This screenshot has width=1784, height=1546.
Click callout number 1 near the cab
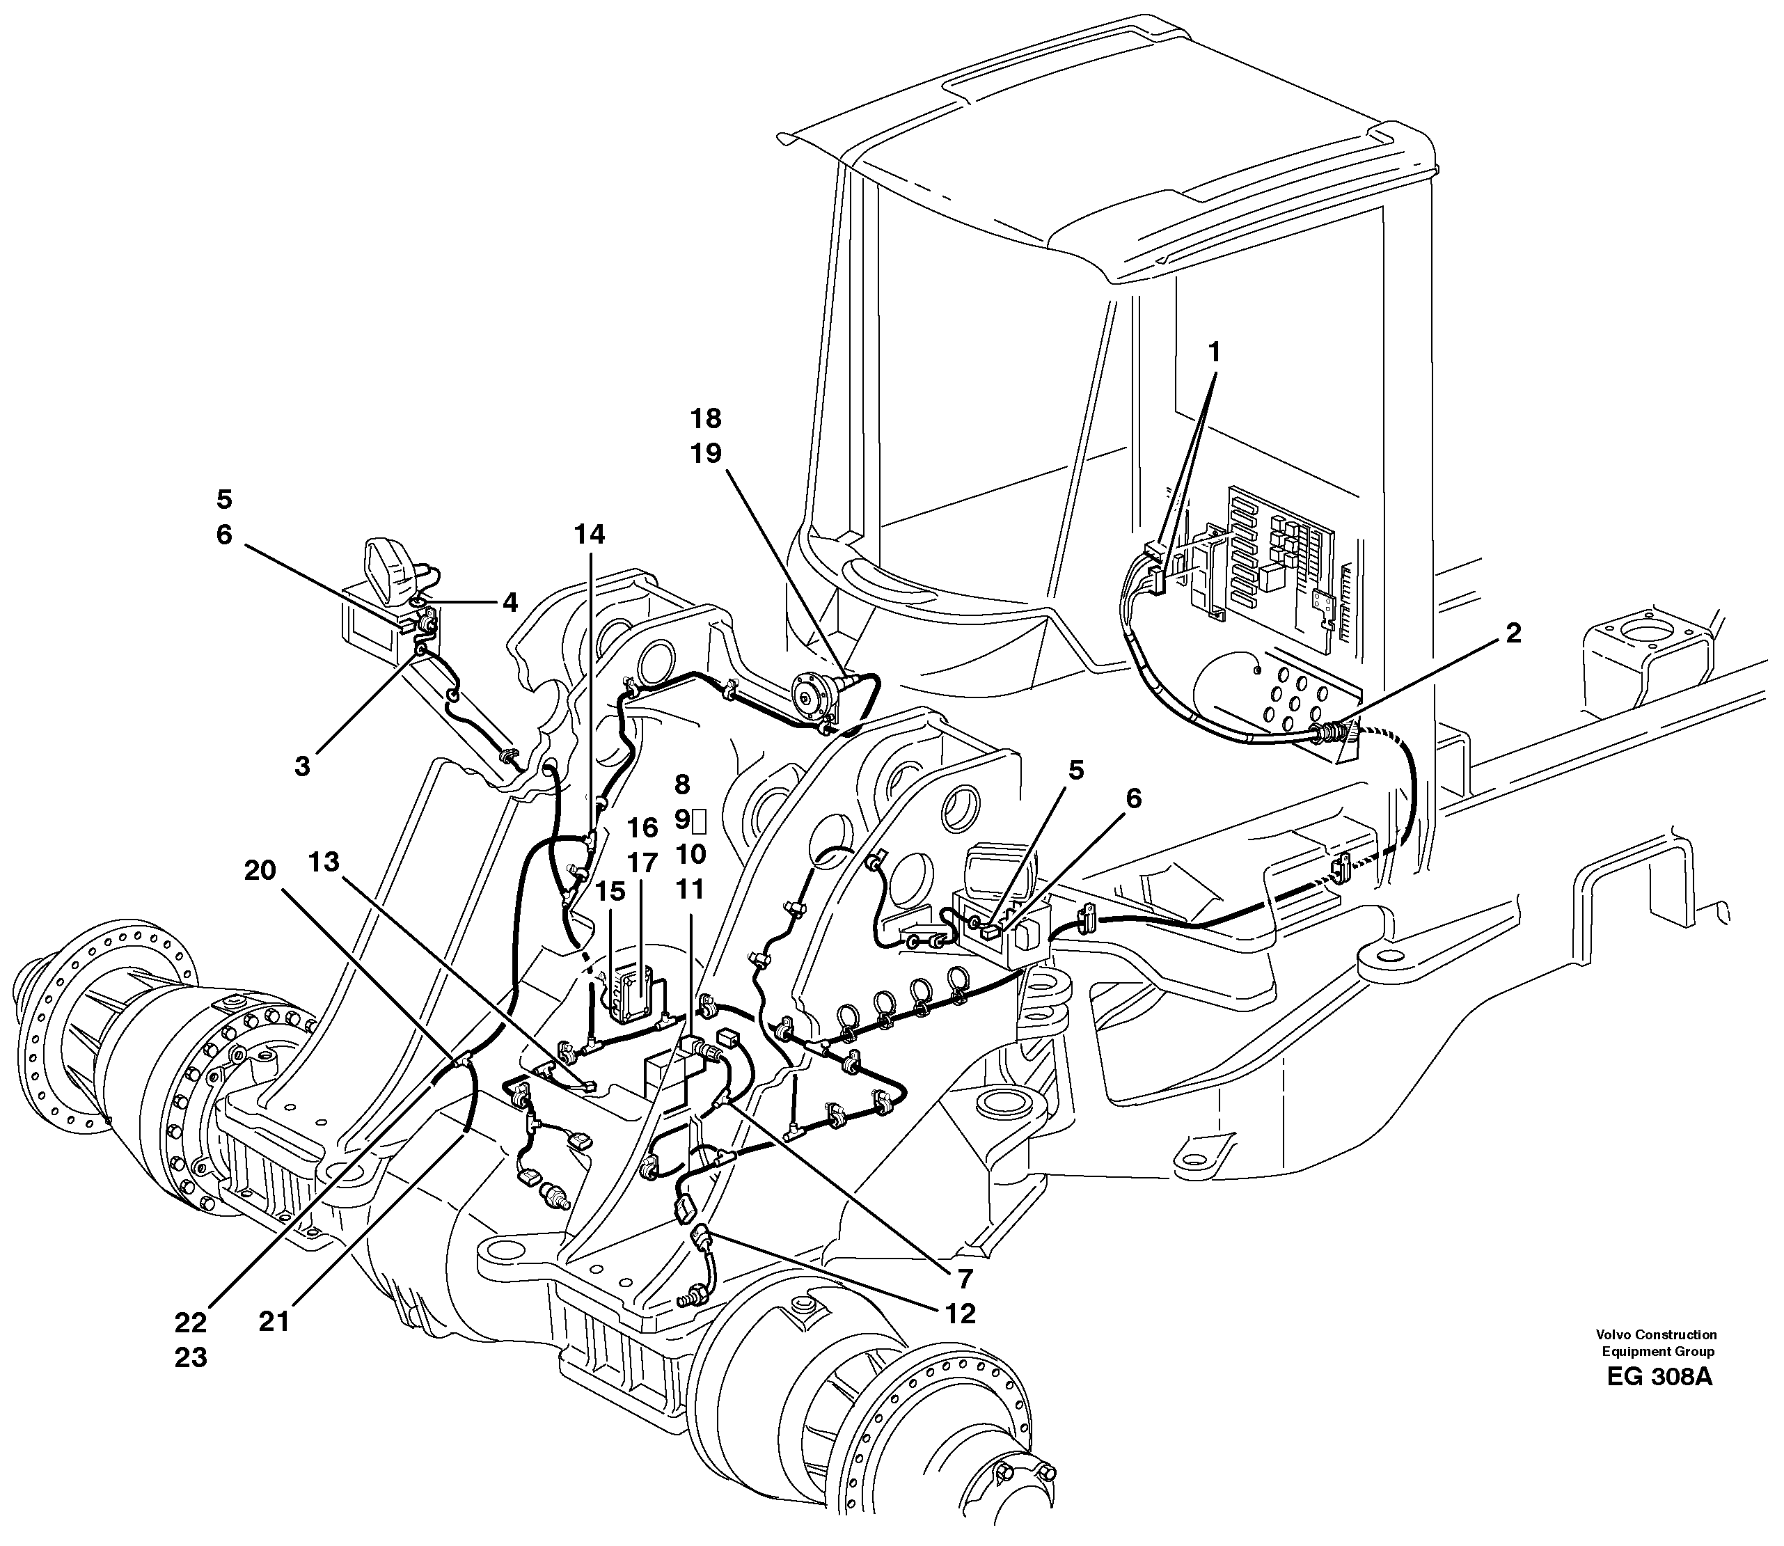[x=1215, y=352]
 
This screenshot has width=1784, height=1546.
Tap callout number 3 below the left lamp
[x=302, y=766]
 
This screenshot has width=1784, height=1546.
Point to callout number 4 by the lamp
[x=510, y=602]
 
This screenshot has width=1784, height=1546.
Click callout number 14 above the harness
[x=591, y=535]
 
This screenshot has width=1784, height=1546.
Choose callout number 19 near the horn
[x=706, y=454]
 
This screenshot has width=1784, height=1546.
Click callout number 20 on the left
[x=259, y=871]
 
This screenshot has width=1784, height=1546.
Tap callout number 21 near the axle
[x=274, y=1322]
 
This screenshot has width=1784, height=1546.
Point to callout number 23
[x=191, y=1357]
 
